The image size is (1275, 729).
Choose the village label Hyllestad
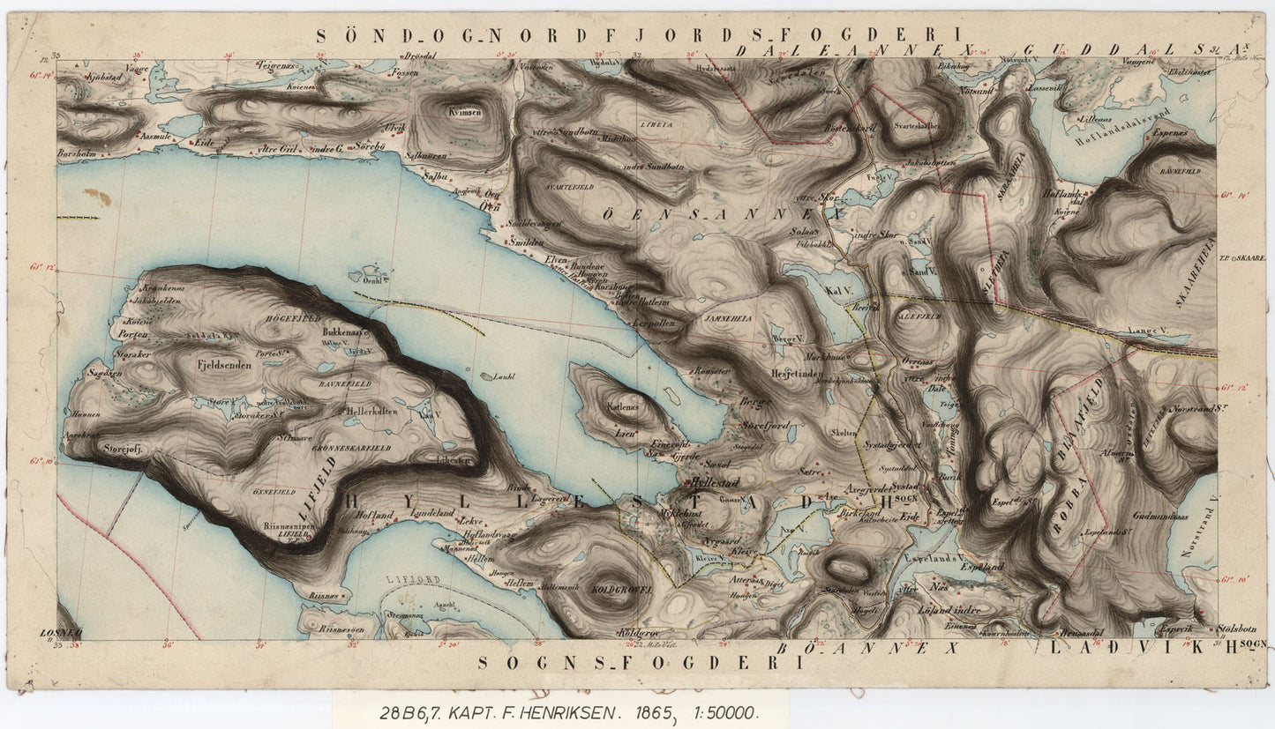coord(714,483)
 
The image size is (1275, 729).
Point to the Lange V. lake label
coord(1143,332)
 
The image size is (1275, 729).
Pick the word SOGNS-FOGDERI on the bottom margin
coord(640,662)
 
